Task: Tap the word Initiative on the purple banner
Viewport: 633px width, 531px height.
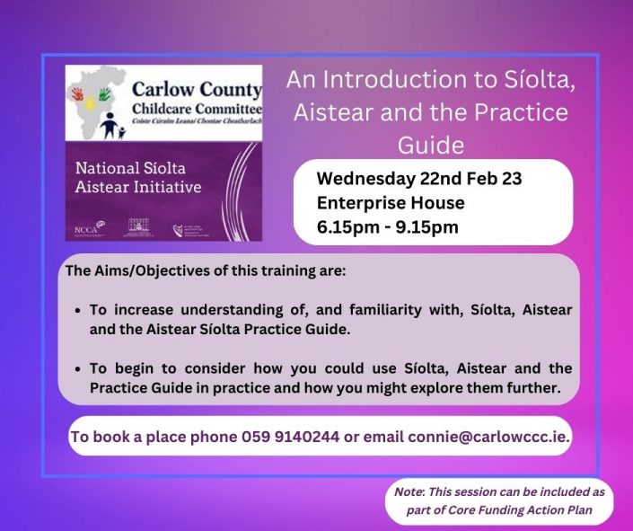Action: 167,188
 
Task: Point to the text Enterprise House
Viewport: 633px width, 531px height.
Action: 390,203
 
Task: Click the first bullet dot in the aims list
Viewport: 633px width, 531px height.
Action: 80,310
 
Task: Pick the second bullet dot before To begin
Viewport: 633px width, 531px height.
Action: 80,369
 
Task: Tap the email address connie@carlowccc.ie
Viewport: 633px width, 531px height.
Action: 488,438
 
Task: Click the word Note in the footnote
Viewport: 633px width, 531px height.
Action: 409,491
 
